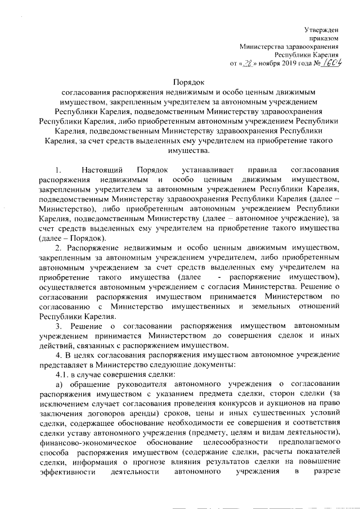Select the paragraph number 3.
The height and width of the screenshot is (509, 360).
[x=58, y=326]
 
